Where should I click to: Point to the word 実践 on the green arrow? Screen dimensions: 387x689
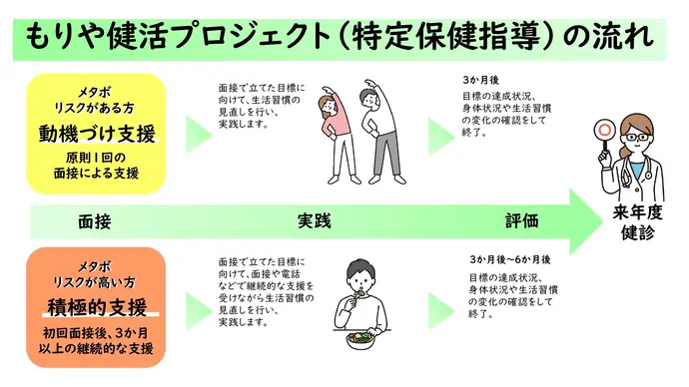click(x=313, y=219)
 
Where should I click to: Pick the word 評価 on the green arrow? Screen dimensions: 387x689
click(x=521, y=219)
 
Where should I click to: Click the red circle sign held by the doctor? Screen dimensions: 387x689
click(x=602, y=128)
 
